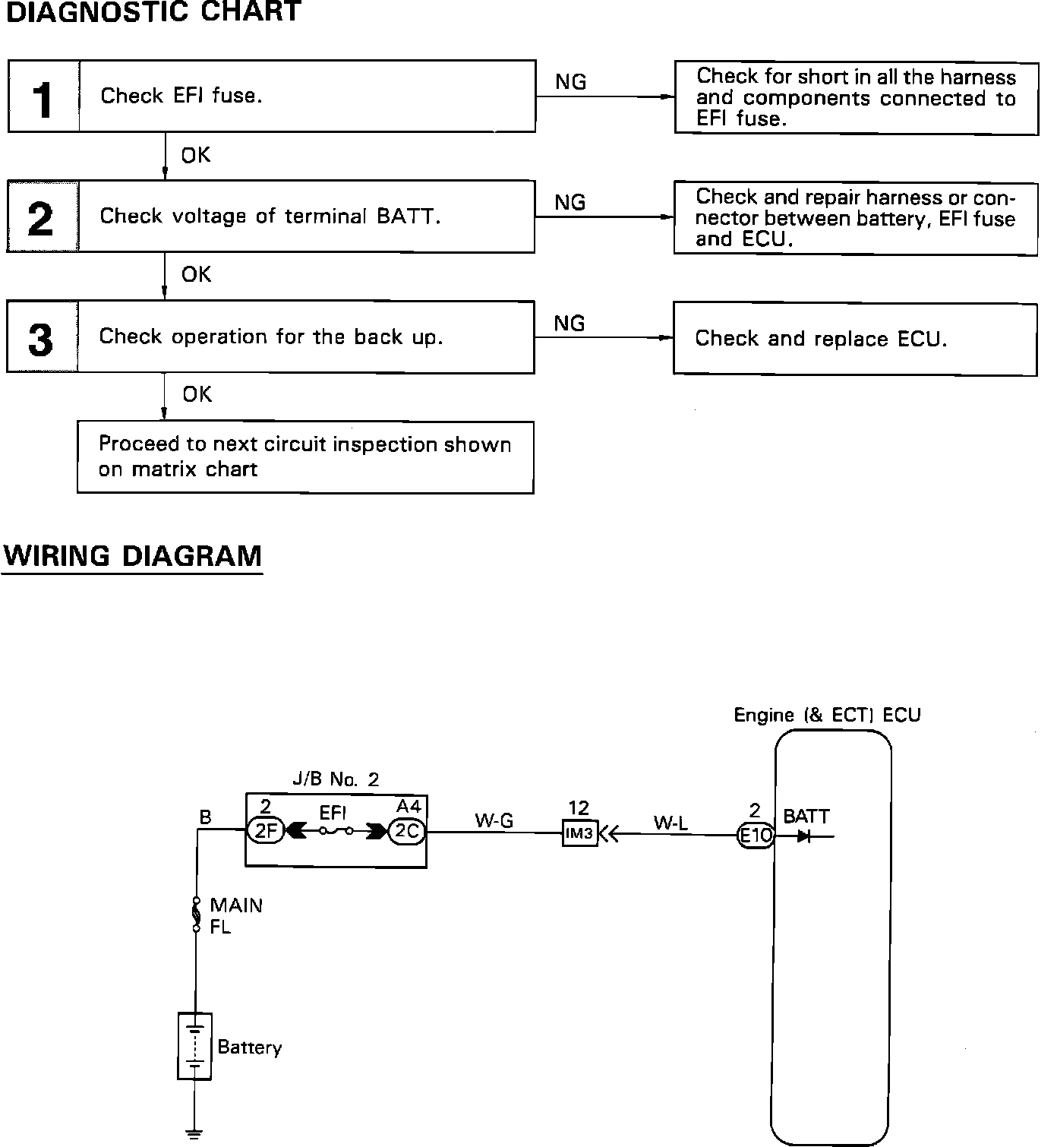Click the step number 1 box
tap(43, 97)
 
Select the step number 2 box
tap(43, 217)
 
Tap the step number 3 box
tap(42, 337)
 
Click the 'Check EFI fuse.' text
tap(181, 96)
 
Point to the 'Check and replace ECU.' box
tap(854, 339)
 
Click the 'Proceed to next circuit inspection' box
tap(305, 457)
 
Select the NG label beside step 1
tap(570, 82)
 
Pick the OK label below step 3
tap(197, 394)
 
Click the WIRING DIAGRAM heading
tap(133, 556)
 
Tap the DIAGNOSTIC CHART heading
tap(154, 12)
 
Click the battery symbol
tap(194, 1046)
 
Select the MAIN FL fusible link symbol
tap(196, 915)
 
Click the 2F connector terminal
tap(265, 832)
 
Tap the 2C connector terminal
tap(407, 832)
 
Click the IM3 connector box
tap(580, 834)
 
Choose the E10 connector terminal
tap(756, 836)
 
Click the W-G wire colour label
tap(494, 820)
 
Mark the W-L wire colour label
tap(670, 823)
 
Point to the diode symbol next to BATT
tap(803, 836)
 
